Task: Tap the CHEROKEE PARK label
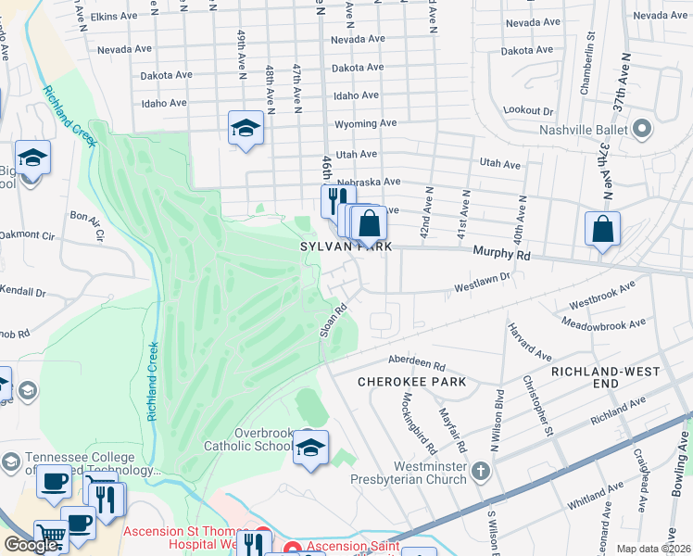[412, 382]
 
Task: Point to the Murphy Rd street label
[500, 252]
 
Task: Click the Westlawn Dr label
[483, 283]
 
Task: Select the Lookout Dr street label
[528, 110]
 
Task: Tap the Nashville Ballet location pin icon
[643, 131]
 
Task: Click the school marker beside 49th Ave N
[246, 128]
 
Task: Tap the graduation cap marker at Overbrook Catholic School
[311, 448]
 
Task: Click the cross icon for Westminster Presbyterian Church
[480, 472]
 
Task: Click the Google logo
[30, 545]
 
